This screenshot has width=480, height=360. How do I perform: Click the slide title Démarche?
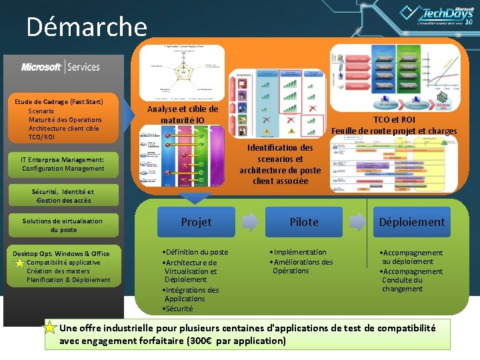pyautogui.click(x=86, y=27)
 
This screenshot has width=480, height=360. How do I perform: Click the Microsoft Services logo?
pyautogui.click(x=61, y=67)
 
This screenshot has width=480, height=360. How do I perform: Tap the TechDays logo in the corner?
pyautogui.click(x=440, y=15)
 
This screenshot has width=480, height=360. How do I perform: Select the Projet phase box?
pyautogui.click(x=196, y=222)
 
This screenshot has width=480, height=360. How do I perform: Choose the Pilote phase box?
pyautogui.click(x=304, y=222)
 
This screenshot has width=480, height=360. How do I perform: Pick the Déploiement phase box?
pyautogui.click(x=412, y=222)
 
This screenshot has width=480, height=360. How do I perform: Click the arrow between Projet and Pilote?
pyautogui.click(x=250, y=222)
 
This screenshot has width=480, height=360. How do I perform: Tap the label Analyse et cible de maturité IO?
pyautogui.click(x=183, y=115)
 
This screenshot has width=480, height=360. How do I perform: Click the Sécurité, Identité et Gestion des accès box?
pyautogui.click(x=63, y=196)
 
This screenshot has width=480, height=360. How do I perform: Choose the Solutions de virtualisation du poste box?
pyautogui.click(x=63, y=225)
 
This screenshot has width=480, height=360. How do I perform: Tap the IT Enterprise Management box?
pyautogui.click(x=63, y=164)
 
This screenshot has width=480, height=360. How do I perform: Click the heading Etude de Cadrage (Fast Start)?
pyautogui.click(x=59, y=101)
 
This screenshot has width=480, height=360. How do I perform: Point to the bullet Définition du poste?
pyautogui.click(x=196, y=252)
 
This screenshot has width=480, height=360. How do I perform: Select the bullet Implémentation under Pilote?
pyautogui.click(x=299, y=252)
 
